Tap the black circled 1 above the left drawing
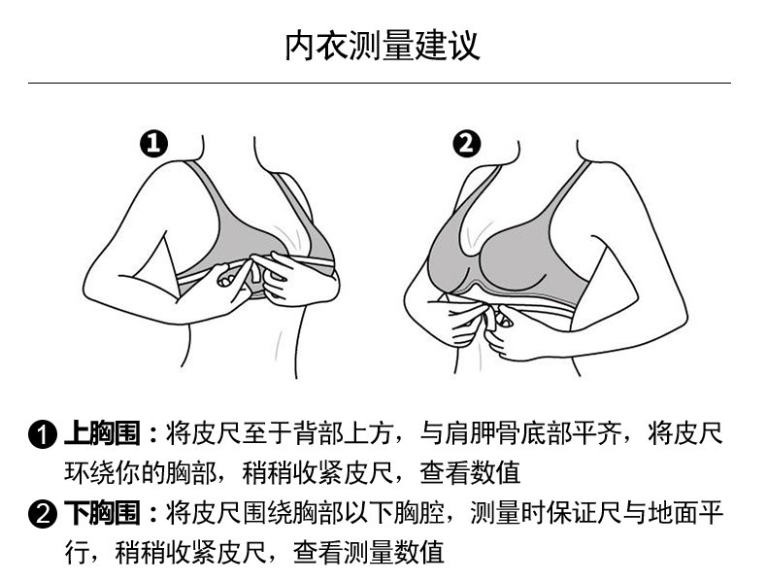point(154,145)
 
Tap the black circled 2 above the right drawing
point(467,145)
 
